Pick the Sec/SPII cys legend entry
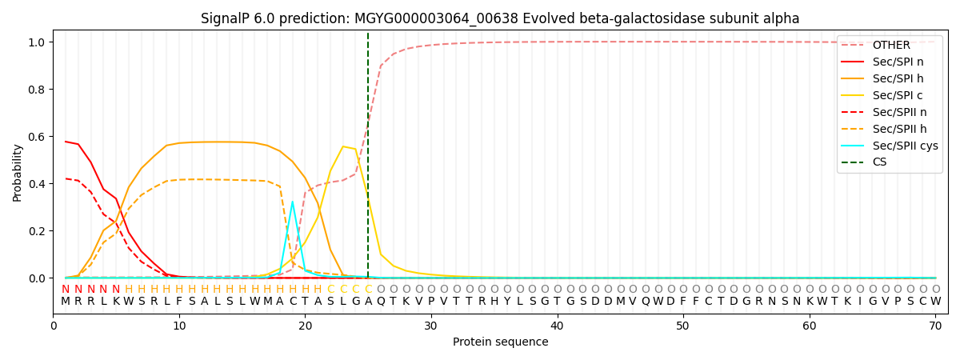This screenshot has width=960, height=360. [x=890, y=146]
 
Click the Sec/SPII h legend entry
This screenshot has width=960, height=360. [x=884, y=129]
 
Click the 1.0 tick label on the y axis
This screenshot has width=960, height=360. [x=38, y=42]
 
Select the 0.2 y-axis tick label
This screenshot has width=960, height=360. [x=38, y=231]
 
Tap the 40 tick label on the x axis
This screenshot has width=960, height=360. [x=557, y=326]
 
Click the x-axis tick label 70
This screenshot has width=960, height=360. [x=935, y=326]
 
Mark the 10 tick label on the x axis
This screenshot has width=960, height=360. [x=179, y=326]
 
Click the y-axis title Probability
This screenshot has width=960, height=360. [x=17, y=173]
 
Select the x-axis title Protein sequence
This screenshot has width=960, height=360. [x=501, y=342]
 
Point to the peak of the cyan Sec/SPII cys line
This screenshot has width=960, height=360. [x=292, y=202]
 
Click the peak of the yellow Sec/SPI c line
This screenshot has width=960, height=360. [x=343, y=146]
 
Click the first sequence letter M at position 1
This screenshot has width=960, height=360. [x=66, y=302]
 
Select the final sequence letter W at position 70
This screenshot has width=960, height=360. [x=935, y=302]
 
